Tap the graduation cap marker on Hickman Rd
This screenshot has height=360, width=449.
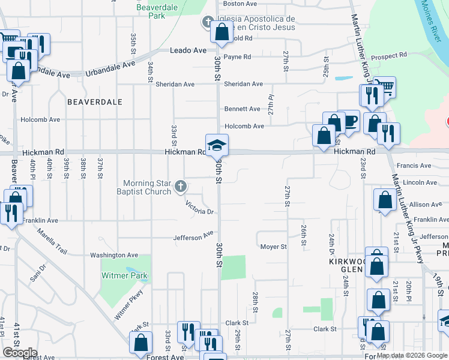tap(217, 145)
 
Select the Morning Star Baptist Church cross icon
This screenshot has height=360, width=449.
tap(179, 188)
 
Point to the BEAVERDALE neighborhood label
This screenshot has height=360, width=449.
tap(95, 102)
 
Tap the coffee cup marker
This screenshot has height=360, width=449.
tap(349, 121)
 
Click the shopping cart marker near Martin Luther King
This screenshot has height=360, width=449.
tap(384, 88)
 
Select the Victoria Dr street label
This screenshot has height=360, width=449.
tap(200, 208)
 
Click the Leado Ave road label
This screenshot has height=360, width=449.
tap(188, 50)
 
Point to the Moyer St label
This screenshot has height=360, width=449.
tap(273, 247)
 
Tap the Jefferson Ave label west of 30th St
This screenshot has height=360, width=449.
tap(193, 237)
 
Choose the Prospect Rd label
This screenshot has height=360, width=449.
tap(389, 55)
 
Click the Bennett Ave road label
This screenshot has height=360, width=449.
tap(242, 109)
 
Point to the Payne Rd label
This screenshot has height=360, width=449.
tap(237, 57)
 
